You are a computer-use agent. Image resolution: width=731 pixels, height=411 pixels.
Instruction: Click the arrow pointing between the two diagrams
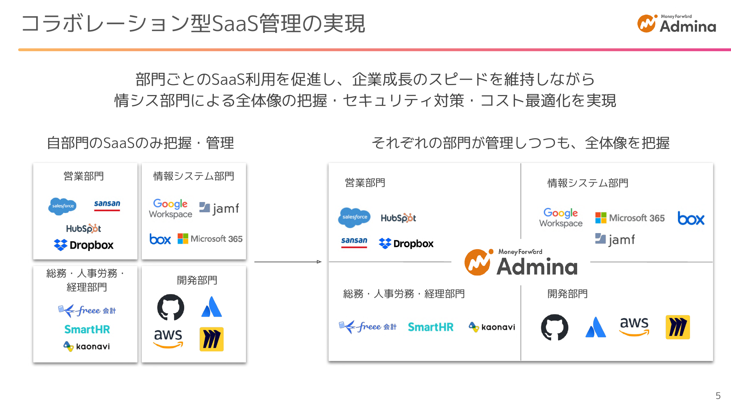(x=288, y=262)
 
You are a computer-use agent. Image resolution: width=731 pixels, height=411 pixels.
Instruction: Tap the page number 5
(x=718, y=396)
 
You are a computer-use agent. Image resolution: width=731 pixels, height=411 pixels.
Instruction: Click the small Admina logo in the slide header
(x=676, y=24)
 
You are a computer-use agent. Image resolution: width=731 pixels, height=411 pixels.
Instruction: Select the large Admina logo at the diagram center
(x=521, y=262)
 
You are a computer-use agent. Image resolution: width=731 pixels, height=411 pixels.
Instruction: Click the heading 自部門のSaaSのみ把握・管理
(x=140, y=143)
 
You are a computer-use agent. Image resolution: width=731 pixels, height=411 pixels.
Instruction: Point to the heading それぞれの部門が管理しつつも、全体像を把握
(x=520, y=143)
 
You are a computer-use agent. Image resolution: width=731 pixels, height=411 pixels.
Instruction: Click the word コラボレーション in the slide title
(x=106, y=24)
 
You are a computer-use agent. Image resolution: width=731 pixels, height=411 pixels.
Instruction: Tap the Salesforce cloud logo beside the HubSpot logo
(x=354, y=217)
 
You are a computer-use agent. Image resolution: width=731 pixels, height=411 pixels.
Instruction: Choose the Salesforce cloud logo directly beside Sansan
(x=63, y=206)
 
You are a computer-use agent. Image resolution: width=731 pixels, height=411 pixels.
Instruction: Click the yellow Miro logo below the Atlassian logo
(x=211, y=339)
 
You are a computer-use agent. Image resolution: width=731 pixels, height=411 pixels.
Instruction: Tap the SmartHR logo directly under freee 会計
(x=87, y=329)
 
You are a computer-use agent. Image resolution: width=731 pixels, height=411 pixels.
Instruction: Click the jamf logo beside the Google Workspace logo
(x=219, y=208)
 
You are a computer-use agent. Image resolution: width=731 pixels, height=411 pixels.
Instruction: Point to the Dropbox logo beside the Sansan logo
(x=406, y=243)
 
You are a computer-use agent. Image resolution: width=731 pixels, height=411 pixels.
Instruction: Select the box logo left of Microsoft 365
(x=160, y=239)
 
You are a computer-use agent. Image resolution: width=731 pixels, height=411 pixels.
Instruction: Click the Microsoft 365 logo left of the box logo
(x=630, y=218)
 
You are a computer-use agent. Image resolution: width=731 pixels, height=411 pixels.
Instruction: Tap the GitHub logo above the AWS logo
(x=171, y=307)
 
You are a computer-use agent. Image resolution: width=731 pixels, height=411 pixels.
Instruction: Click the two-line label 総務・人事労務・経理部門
(x=86, y=280)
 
